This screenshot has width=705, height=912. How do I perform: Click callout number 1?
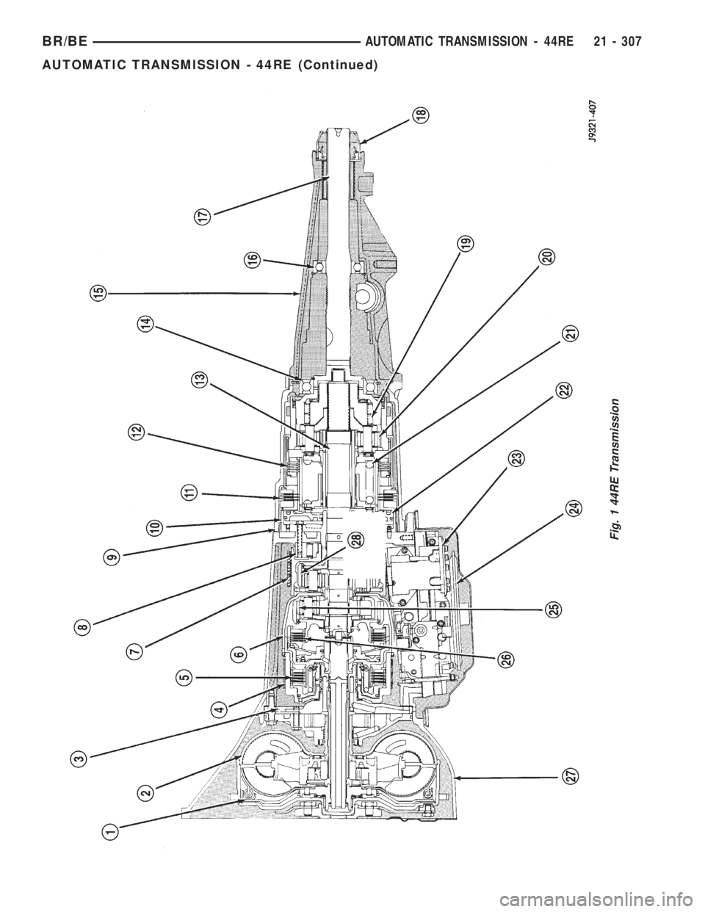pyautogui.click(x=110, y=831)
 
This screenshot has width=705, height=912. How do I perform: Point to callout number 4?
pyautogui.click(x=218, y=709)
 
